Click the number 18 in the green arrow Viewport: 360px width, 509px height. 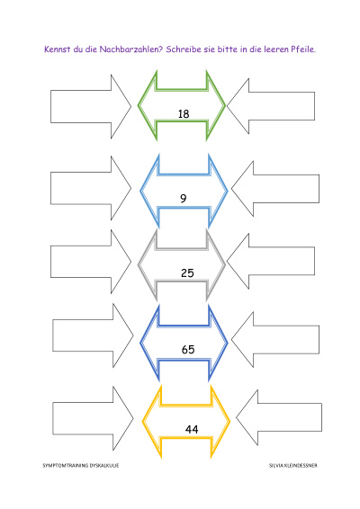point(184,114)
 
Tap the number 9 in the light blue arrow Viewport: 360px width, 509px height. point(184,198)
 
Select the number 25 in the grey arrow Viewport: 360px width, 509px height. point(187,273)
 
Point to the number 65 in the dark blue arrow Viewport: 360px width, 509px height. point(188,350)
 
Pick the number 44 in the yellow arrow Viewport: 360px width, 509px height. point(192,430)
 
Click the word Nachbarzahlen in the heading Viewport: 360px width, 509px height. point(130,49)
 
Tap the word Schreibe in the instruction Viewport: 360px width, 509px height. point(184,49)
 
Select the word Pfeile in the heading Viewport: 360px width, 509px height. point(302,49)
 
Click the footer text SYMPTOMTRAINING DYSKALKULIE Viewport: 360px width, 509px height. point(81,466)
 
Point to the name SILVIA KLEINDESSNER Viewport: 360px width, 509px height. point(293,466)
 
